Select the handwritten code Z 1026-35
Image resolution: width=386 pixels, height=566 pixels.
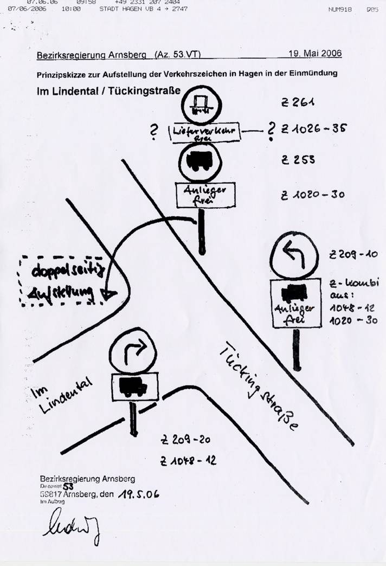pos(314,129)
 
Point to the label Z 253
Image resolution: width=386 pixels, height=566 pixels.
pos(298,160)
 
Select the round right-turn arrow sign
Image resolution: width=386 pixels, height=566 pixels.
pos(133,353)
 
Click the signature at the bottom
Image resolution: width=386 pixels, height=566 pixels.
pos(70,526)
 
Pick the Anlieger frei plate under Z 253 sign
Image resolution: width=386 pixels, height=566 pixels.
pos(204,195)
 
